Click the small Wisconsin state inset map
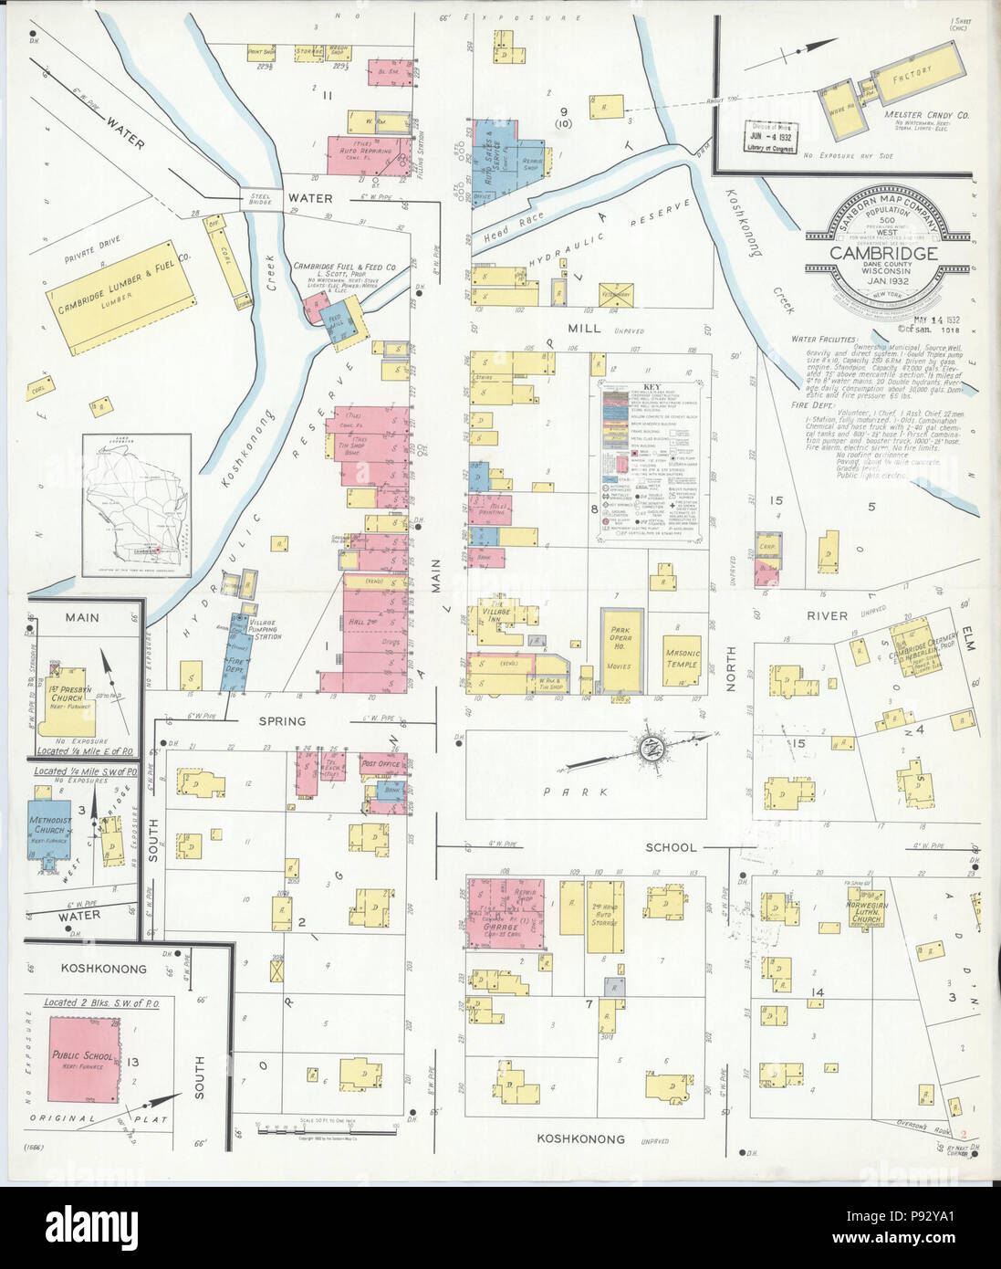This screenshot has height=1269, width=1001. click(x=136, y=505)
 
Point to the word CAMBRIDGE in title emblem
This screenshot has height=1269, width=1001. click(x=882, y=253)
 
